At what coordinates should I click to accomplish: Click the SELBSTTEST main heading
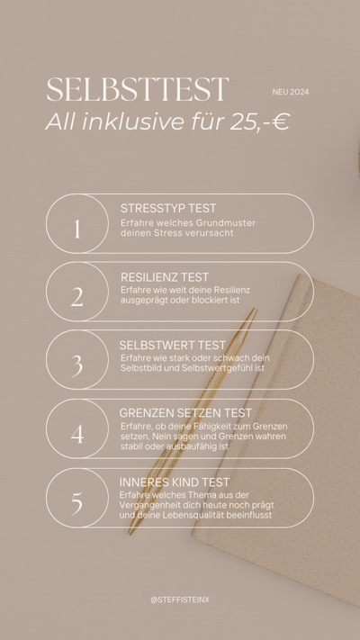click(137, 89)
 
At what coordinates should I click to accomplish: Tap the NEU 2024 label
click(291, 92)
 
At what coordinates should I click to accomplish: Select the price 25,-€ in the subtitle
click(259, 122)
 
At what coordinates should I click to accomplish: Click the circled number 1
click(76, 229)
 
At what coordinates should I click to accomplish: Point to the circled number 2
click(76, 297)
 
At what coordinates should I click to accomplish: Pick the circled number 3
click(76, 365)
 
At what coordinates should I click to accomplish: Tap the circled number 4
click(76, 434)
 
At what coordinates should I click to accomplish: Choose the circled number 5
click(76, 504)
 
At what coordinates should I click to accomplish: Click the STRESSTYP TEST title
click(168, 208)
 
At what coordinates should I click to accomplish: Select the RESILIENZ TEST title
click(165, 277)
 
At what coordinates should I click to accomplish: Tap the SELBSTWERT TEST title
click(172, 346)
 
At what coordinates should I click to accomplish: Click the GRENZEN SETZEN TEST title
click(185, 413)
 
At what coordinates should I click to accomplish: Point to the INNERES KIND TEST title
click(175, 482)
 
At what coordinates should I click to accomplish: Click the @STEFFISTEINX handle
click(180, 600)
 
